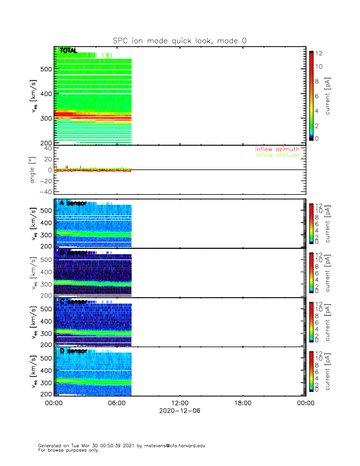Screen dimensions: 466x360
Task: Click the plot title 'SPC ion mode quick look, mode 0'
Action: coord(180,41)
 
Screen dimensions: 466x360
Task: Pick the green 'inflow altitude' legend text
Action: coord(281,155)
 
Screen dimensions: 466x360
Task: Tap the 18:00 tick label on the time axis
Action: coord(242,404)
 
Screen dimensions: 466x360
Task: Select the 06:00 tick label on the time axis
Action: coord(116,404)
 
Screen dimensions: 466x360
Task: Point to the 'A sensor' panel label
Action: coord(73,203)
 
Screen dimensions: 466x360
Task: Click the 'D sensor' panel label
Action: coord(73,351)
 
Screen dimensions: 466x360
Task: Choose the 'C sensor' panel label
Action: coord(73,302)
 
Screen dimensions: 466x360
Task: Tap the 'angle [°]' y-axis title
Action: coord(34,169)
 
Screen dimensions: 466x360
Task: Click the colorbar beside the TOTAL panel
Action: coord(312,95)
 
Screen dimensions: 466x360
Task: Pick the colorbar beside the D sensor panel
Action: coord(312,371)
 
